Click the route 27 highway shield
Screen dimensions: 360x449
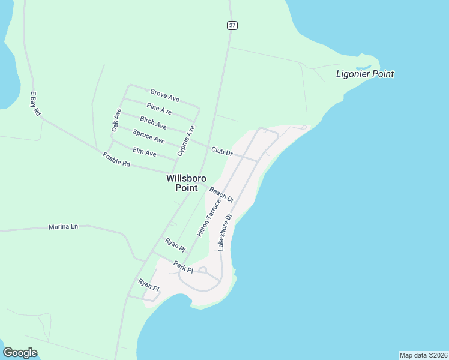(232, 25)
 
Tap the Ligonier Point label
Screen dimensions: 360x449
(364, 74)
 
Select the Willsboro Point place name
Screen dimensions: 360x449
(186, 183)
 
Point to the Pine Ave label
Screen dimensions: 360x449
(159, 109)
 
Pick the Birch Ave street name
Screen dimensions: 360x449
(153, 122)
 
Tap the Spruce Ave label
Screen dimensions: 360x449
(148, 137)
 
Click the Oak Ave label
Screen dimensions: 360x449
(116, 119)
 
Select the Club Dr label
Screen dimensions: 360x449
(221, 152)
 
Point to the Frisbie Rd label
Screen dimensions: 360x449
(116, 160)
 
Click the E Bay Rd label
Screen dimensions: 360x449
(35, 103)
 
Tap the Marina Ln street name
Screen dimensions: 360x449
(63, 227)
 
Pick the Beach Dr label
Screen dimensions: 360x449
(221, 194)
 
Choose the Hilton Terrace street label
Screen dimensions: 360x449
(206, 217)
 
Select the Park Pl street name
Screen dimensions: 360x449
(183, 266)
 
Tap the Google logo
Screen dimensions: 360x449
(20, 353)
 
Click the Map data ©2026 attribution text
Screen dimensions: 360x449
(423, 355)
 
